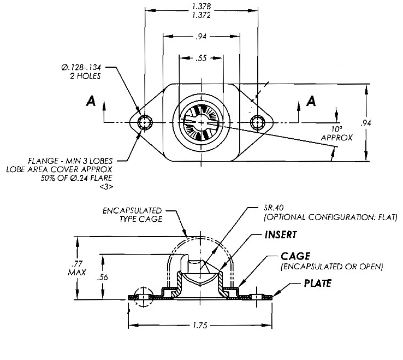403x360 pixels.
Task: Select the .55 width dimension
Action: (201, 58)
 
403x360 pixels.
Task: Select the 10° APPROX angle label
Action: (334, 134)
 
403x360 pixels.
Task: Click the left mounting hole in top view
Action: (145, 122)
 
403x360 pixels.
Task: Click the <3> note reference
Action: (106, 187)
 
